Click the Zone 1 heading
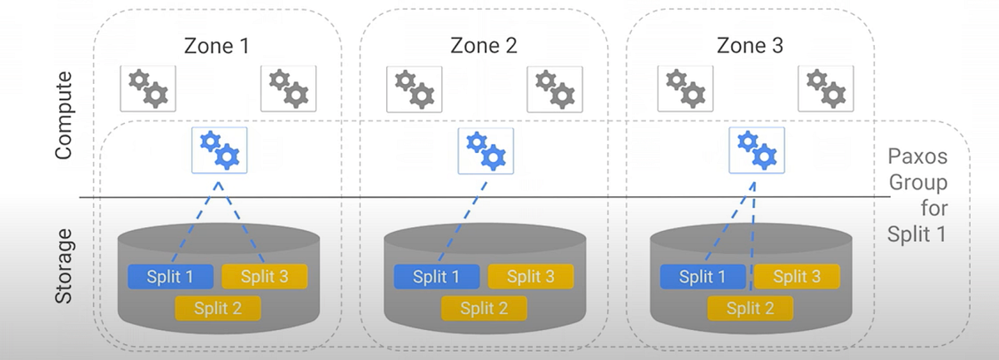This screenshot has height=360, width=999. (217, 46)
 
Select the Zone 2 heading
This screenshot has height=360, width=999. (484, 46)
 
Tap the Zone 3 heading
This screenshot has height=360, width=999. (749, 46)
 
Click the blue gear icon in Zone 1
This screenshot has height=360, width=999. (219, 150)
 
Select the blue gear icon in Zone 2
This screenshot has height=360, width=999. (486, 150)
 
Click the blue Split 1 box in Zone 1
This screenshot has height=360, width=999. (170, 277)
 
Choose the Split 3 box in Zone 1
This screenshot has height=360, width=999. (264, 277)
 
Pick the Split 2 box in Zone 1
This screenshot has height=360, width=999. (217, 308)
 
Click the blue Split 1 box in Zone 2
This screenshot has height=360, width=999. (436, 277)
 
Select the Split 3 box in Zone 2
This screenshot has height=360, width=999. (530, 277)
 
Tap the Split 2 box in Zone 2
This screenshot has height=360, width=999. (484, 308)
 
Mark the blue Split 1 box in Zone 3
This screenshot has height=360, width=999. (703, 277)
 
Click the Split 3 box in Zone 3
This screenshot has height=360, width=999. (797, 277)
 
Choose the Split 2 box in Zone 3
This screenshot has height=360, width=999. (750, 308)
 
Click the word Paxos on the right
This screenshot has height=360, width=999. (917, 157)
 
